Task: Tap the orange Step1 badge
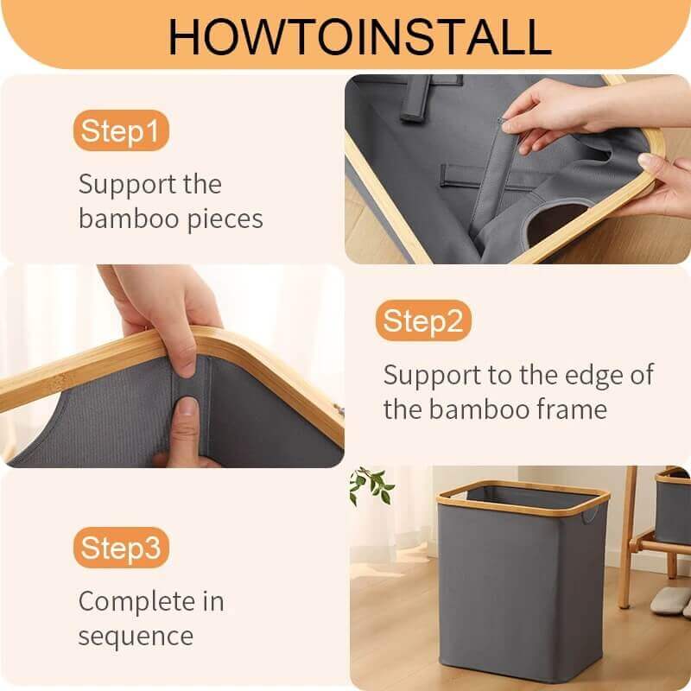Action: click(x=120, y=132)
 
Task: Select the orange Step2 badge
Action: click(x=423, y=322)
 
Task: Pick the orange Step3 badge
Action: click(x=120, y=548)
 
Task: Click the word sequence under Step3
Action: click(x=136, y=637)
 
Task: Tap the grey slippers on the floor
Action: click(x=669, y=600)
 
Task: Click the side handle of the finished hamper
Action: click(x=589, y=516)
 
